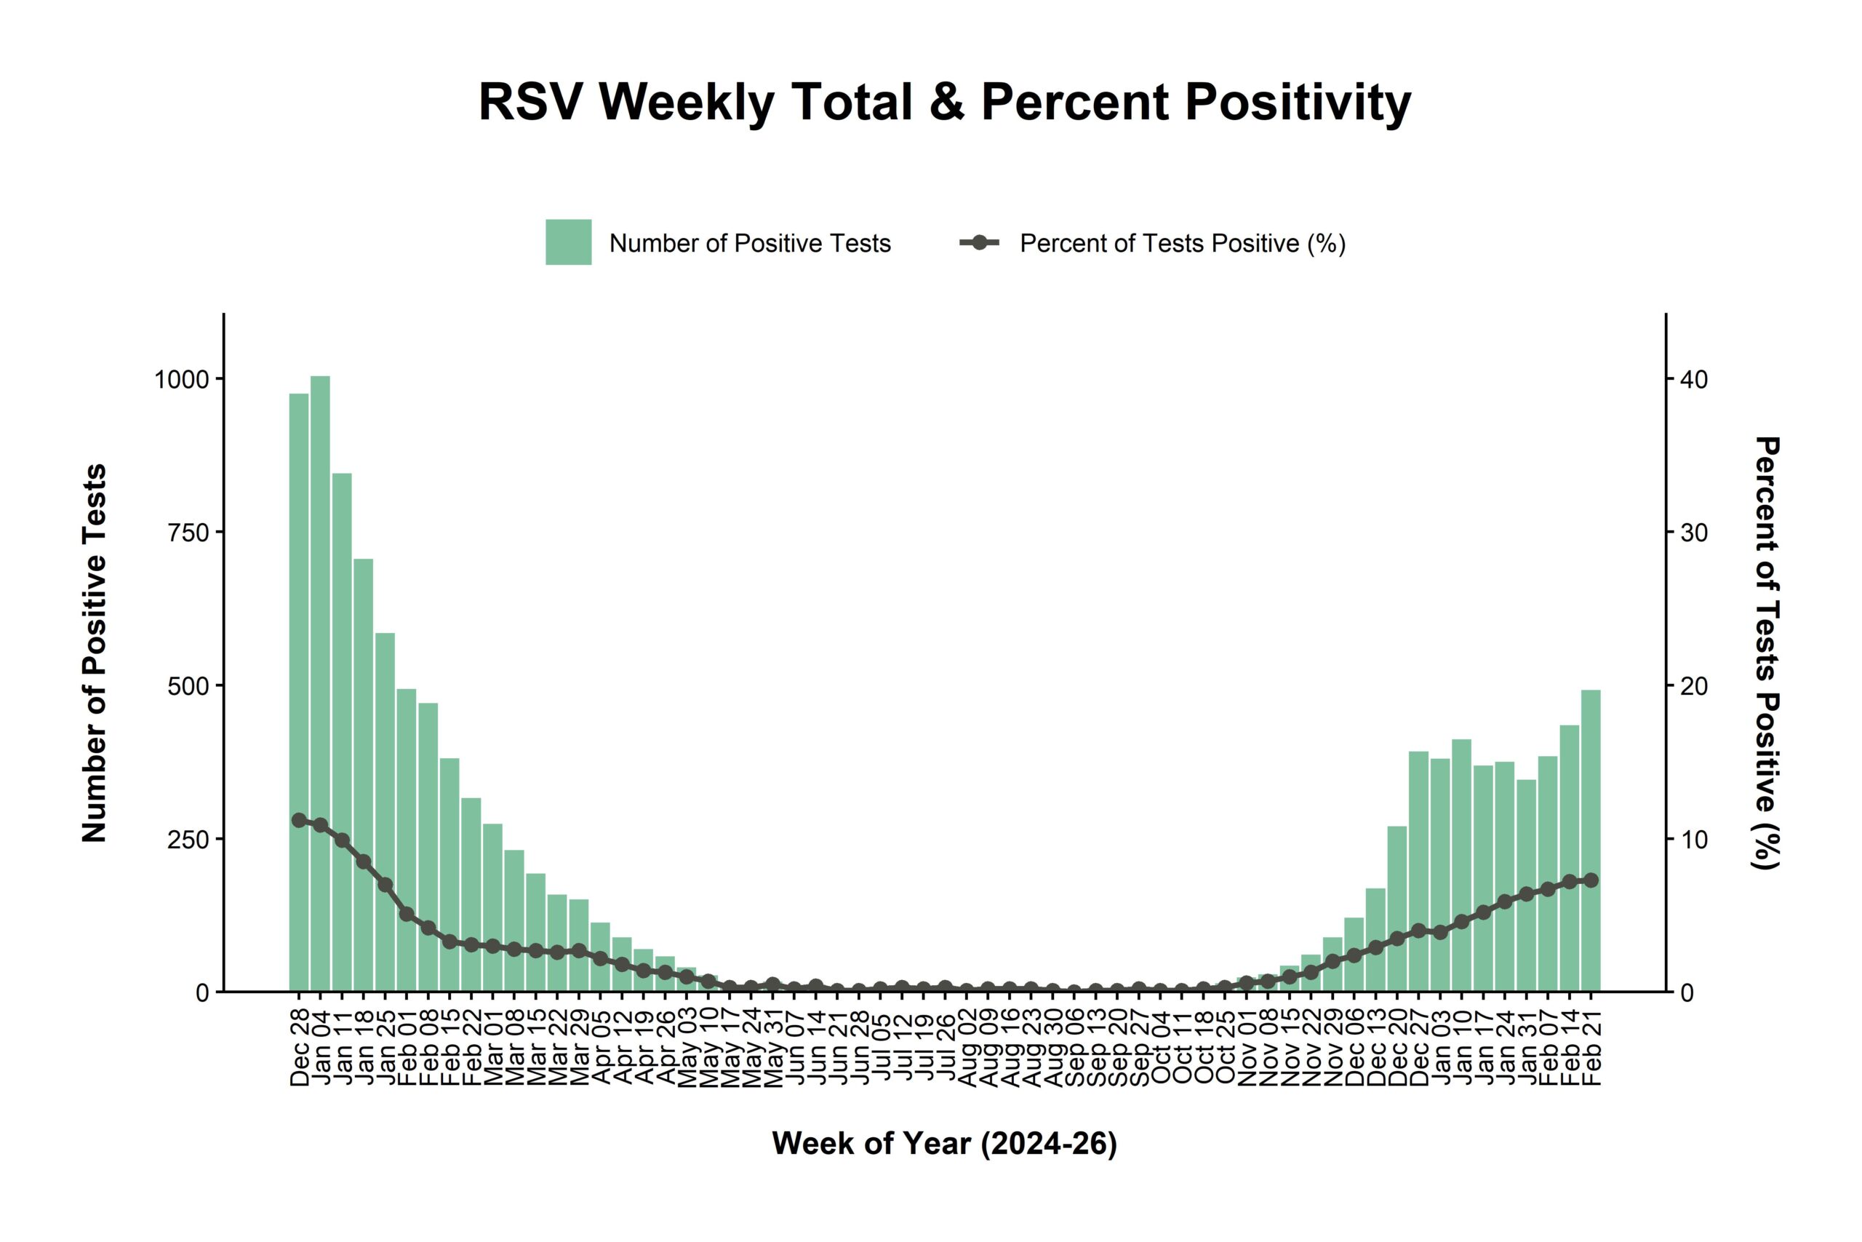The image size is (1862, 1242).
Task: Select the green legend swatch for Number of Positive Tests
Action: point(567,242)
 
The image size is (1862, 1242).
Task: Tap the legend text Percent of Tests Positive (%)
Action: point(1182,243)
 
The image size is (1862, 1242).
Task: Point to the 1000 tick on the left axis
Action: point(181,379)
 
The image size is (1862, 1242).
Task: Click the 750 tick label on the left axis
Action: point(188,533)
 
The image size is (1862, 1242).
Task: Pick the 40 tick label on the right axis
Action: point(1695,379)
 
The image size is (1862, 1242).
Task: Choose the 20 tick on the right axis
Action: point(1694,686)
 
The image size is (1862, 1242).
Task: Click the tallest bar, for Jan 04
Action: point(320,681)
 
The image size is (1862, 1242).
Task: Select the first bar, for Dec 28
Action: point(298,689)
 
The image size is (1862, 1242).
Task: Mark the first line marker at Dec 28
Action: point(298,820)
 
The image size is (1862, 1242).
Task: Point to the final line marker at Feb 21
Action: point(1591,880)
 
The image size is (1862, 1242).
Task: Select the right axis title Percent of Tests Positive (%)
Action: point(1767,653)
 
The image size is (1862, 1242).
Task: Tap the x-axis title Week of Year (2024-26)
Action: point(945,1143)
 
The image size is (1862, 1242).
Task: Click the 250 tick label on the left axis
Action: point(188,839)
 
